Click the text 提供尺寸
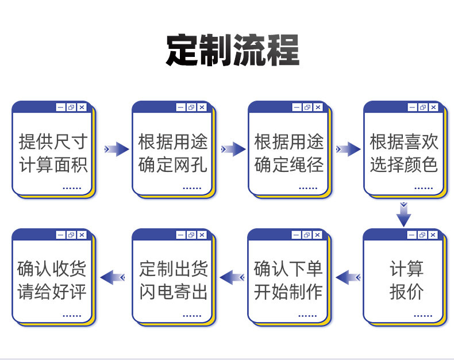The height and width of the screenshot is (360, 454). click(x=53, y=141)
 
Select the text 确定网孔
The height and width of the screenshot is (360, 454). click(x=173, y=165)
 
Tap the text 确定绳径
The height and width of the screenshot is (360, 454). click(x=289, y=165)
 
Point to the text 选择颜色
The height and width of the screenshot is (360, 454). click(x=404, y=165)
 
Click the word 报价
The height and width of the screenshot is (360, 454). click(x=406, y=292)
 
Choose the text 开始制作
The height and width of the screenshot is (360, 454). click(x=288, y=292)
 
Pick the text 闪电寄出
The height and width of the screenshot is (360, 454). click(x=173, y=292)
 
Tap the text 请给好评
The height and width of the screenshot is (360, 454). click(x=52, y=292)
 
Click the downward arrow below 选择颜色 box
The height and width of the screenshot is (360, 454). click(x=404, y=214)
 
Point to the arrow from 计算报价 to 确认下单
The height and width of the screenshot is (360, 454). click(x=348, y=278)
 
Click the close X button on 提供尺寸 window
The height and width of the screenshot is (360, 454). click(x=82, y=108)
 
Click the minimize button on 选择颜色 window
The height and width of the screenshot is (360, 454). click(x=412, y=108)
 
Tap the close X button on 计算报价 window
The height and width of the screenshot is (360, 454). click(x=433, y=235)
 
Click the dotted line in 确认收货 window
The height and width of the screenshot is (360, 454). click(x=72, y=315)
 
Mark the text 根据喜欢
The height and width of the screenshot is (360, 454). click(x=404, y=141)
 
